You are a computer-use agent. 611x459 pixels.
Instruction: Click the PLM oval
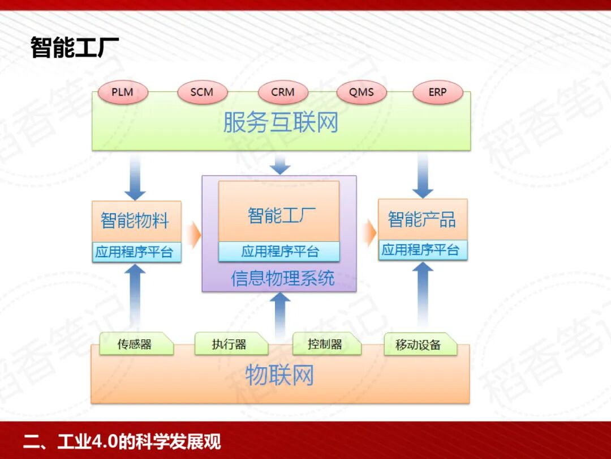pos(122,92)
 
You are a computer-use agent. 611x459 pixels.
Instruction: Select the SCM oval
pos(202,92)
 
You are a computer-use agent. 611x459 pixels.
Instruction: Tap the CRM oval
pos(282,92)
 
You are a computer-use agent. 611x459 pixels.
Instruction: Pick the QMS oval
pos(361,92)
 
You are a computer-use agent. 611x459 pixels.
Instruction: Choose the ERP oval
pos(437,92)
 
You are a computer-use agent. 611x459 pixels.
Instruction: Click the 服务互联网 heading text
pos(281,122)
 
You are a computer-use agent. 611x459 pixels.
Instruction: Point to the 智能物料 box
pos(136,220)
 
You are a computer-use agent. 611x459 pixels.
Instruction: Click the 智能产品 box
pos(422,219)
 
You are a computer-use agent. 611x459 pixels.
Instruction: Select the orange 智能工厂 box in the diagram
pos(279,215)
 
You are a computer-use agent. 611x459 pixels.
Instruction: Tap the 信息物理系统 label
pos(282,278)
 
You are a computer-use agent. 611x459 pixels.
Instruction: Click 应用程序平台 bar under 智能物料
pos(136,252)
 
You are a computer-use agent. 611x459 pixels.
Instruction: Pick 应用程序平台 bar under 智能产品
pos(422,250)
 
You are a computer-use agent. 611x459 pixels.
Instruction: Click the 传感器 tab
pos(135,344)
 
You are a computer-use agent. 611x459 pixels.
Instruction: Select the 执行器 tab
pos(230,344)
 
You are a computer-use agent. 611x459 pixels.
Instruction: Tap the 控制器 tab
pos(325,344)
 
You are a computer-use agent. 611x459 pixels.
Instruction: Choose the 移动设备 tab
pos(419,345)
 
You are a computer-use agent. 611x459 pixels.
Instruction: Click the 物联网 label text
pos(279,376)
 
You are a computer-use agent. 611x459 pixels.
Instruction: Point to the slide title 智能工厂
pos(75,48)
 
